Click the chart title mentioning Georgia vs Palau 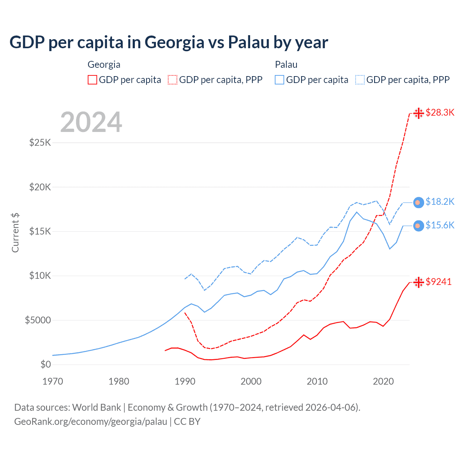[x=169, y=42]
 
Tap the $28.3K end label [x=440, y=112]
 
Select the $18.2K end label [x=440, y=202]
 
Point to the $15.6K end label [x=440, y=225]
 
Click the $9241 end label [x=439, y=282]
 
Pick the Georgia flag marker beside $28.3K [x=419, y=113]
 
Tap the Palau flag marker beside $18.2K [x=418, y=202]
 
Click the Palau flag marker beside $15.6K [x=418, y=226]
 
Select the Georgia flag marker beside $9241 [x=419, y=282]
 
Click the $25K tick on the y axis [x=40, y=142]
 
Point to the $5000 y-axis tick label [x=38, y=320]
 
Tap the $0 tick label [x=46, y=364]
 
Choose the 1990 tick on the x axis [x=185, y=381]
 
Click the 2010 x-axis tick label [x=317, y=381]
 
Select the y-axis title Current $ [x=15, y=232]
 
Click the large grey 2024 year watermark [x=91, y=123]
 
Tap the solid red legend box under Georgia [x=92, y=80]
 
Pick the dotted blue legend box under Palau [x=360, y=80]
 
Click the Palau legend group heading [x=286, y=65]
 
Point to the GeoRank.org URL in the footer [x=91, y=422]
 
